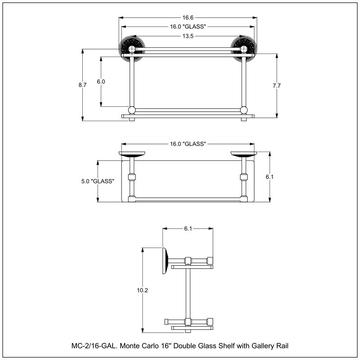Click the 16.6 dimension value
pyautogui.click(x=188, y=18)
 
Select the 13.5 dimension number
pyautogui.click(x=188, y=36)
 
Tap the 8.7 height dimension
pyautogui.click(x=82, y=85)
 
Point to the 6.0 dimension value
pyautogui.click(x=101, y=81)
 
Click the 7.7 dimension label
pyautogui.click(x=277, y=85)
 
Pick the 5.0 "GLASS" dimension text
pyautogui.click(x=98, y=181)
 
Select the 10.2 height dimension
pyautogui.click(x=142, y=290)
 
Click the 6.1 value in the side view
pyautogui.click(x=188, y=229)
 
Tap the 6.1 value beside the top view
pyautogui.click(x=270, y=177)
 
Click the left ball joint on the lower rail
pyautogui.click(x=132, y=110)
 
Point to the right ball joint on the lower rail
pyautogui.click(x=244, y=110)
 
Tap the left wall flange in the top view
pyautogui.click(x=132, y=154)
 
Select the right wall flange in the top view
pyautogui.click(x=244, y=154)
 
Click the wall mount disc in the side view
pyautogui.click(x=165, y=261)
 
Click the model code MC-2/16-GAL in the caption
pyautogui.click(x=94, y=346)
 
